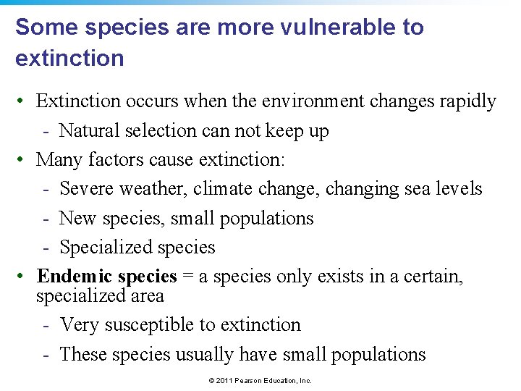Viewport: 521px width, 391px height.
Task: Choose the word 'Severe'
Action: click(x=87, y=189)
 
